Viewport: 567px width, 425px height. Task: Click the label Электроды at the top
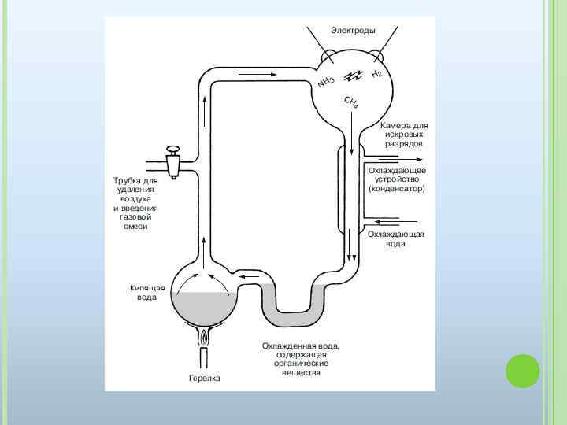(x=352, y=30)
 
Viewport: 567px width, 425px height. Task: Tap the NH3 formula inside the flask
(x=326, y=81)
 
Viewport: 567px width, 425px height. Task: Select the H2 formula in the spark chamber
(x=376, y=74)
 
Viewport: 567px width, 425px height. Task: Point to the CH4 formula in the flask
(x=351, y=103)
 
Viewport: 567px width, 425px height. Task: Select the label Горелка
(x=205, y=379)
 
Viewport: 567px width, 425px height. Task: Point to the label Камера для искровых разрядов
(x=405, y=135)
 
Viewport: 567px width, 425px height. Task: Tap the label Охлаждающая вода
(x=396, y=239)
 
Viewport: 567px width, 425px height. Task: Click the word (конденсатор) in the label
(x=397, y=189)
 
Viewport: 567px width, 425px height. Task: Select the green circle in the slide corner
(x=521, y=371)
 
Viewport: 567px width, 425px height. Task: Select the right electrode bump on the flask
(x=377, y=56)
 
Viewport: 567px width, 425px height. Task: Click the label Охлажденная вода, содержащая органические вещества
(x=301, y=359)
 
